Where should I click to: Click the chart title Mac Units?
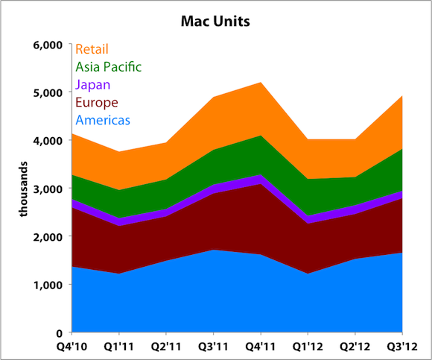click(216, 21)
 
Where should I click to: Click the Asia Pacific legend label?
click(108, 67)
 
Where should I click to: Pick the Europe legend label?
click(96, 102)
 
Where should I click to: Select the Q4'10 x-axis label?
click(72, 347)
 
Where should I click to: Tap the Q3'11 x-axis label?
click(213, 347)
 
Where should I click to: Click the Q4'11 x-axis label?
click(260, 347)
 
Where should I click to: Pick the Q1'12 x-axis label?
click(308, 347)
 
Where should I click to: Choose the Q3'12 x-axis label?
click(402, 347)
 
